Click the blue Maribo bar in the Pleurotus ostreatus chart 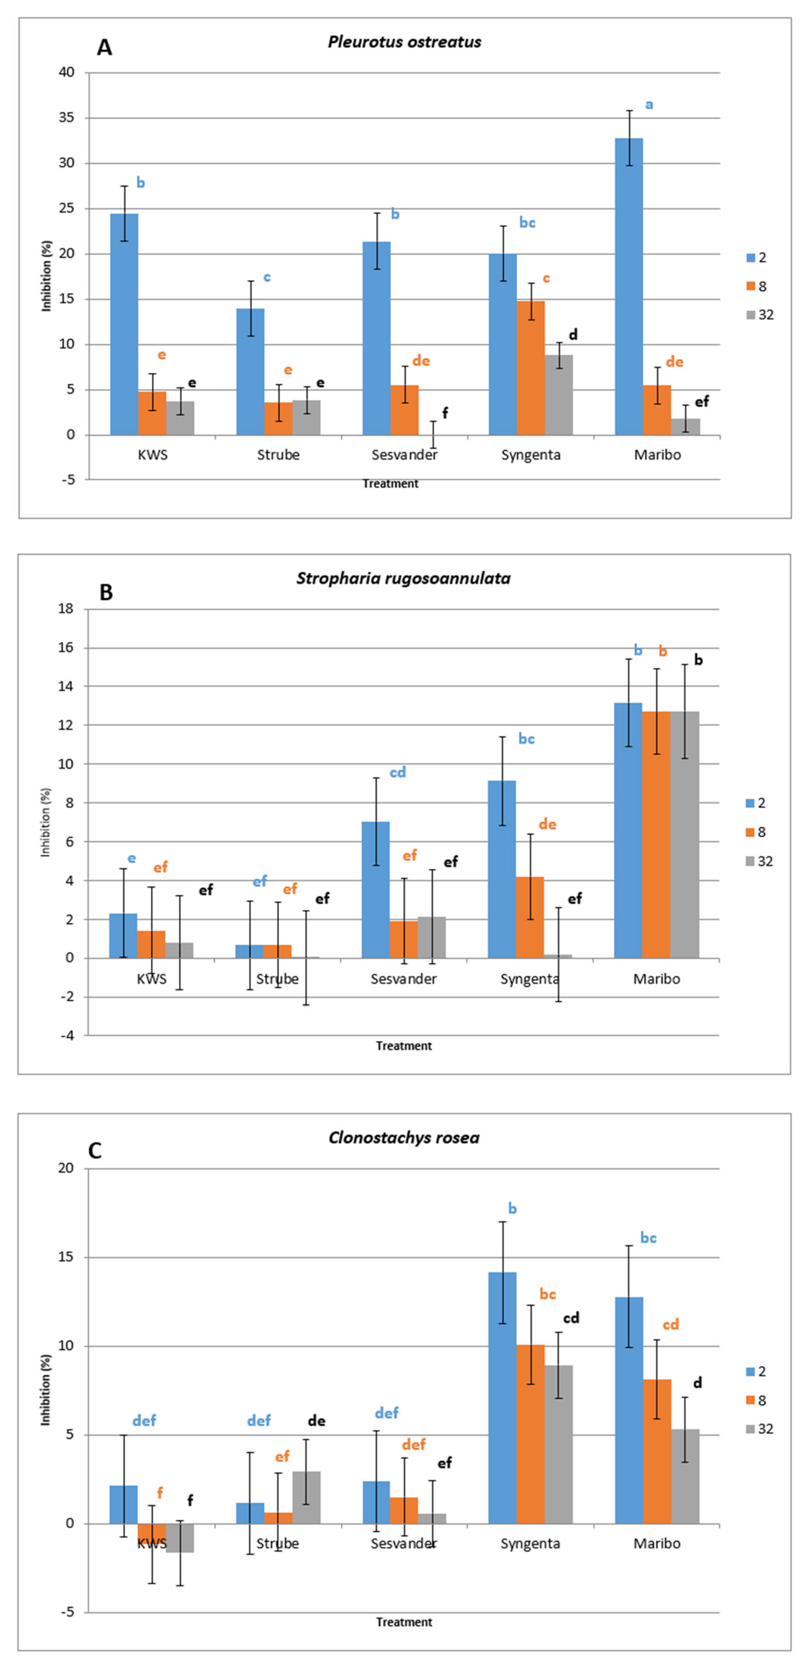(628, 286)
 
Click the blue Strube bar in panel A (250, 372)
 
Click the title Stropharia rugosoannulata (403, 578)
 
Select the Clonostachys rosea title (404, 1137)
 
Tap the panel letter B (105, 592)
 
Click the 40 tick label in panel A (67, 72)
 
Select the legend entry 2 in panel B (761, 803)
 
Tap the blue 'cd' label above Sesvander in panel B (397, 772)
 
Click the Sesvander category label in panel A (404, 455)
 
